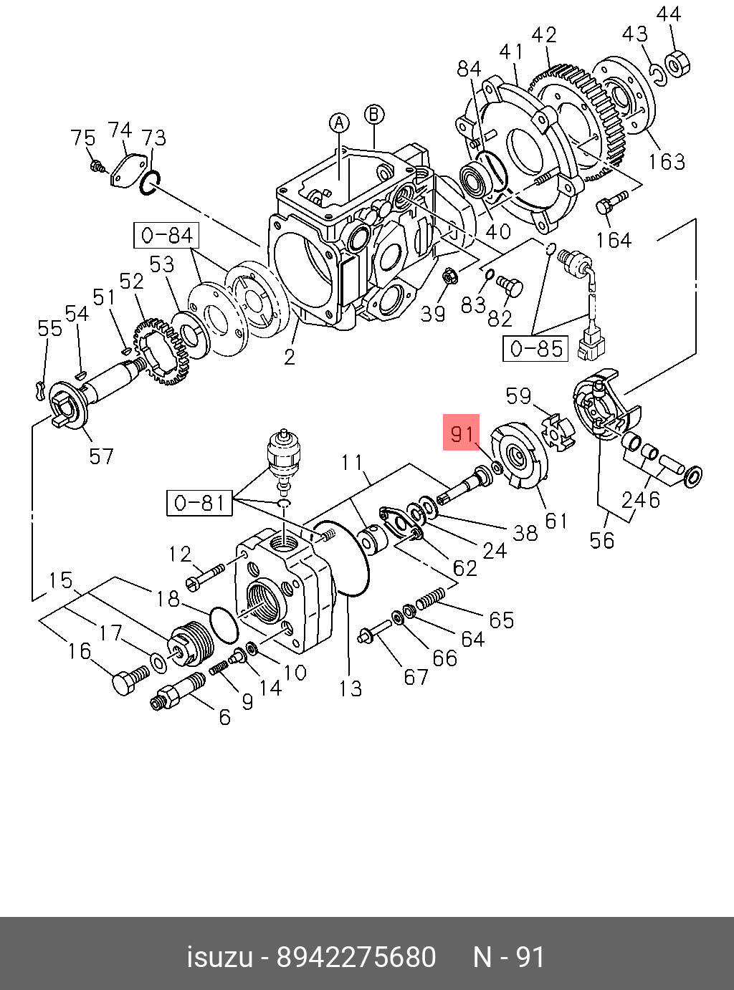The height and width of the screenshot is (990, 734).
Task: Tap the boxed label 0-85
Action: (x=536, y=349)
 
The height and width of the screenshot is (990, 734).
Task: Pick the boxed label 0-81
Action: (x=200, y=502)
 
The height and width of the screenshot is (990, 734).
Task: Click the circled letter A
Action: (x=339, y=122)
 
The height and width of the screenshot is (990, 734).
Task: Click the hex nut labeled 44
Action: (x=676, y=63)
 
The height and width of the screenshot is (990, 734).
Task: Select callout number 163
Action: (x=666, y=162)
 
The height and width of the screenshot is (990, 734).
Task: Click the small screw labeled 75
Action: (x=96, y=167)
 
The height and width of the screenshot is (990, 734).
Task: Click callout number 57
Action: (x=101, y=456)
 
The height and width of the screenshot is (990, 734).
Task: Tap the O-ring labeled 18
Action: (x=224, y=624)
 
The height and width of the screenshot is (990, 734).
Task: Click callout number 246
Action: (x=640, y=499)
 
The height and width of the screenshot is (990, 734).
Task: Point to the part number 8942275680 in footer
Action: (x=356, y=957)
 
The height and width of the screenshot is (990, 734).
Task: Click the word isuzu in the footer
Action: (x=219, y=957)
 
